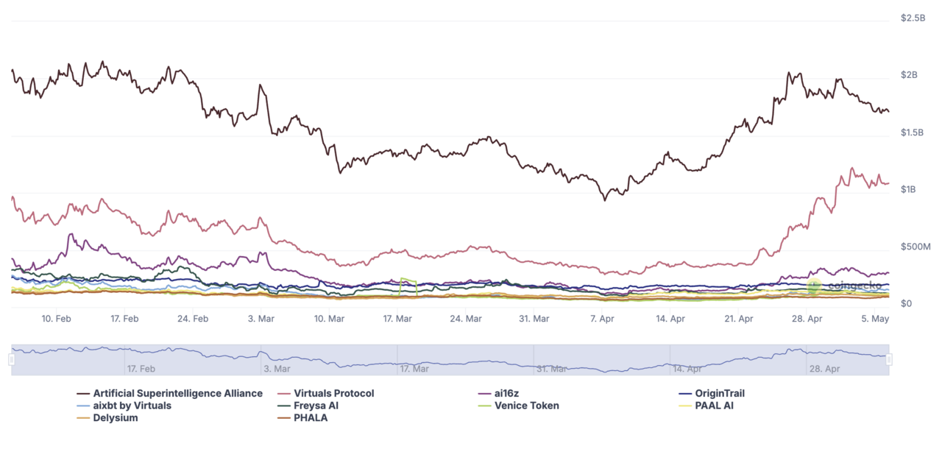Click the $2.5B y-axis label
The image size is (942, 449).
[913, 18]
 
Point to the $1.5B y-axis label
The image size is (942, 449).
[913, 132]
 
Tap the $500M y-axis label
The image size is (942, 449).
[916, 247]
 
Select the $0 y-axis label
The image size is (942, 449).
[907, 303]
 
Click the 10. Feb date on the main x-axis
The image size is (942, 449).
[56, 319]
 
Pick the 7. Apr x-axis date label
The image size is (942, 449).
[602, 319]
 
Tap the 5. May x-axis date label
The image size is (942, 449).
[875, 319]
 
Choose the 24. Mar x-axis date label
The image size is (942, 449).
[465, 319]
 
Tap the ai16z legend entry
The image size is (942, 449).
[506, 394]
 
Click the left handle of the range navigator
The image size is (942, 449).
[12, 359]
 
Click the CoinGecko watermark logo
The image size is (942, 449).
[813, 286]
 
